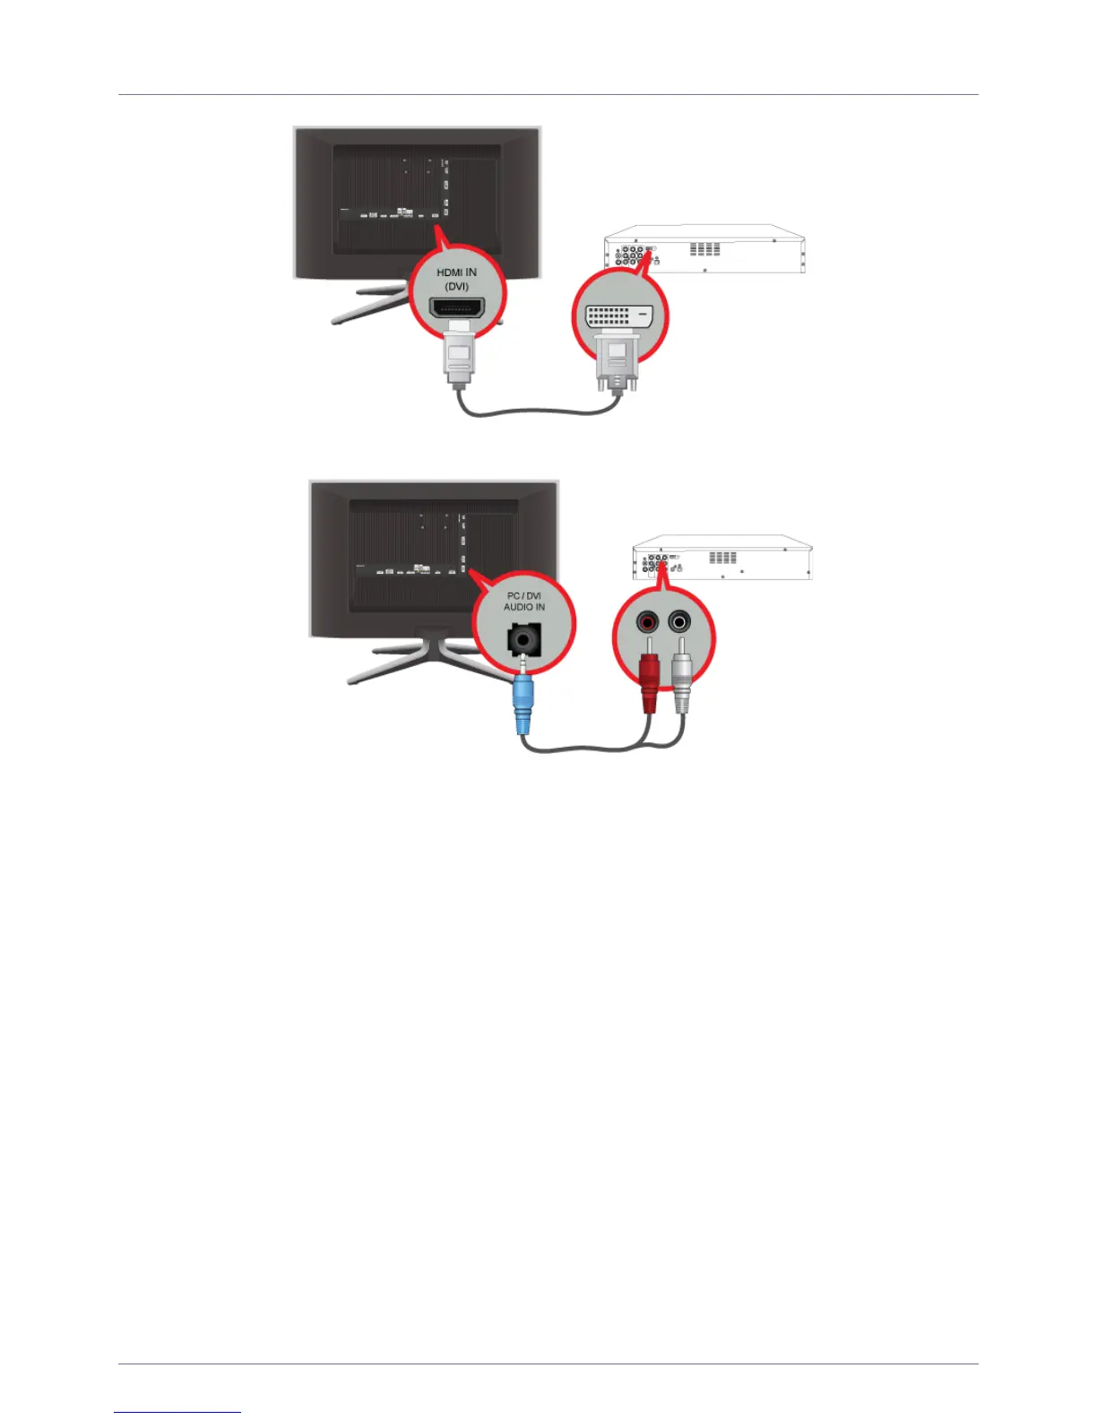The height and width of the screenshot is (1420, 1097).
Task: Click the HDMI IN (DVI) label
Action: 456,279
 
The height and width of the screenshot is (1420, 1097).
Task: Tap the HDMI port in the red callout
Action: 457,309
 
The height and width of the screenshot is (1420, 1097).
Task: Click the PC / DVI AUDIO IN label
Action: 524,601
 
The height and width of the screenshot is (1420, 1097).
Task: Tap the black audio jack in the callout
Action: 523,640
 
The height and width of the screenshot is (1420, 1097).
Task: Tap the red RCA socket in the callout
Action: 647,621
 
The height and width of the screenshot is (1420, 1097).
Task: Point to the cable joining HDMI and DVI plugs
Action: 538,413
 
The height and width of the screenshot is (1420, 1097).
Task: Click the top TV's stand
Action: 367,301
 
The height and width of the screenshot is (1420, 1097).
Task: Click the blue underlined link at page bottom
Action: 177,1411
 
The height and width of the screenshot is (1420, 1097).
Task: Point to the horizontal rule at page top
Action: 548,94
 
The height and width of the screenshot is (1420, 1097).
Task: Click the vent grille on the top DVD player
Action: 704,248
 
